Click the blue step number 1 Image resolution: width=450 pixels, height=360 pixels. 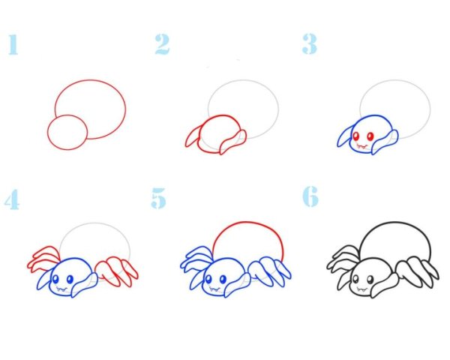pyautogui.click(x=13, y=44)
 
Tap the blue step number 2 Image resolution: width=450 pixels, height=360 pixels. pyautogui.click(x=162, y=44)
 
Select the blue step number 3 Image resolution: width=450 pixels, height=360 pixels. pyautogui.click(x=309, y=43)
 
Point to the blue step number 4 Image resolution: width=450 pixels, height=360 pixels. pyautogui.click(x=12, y=199)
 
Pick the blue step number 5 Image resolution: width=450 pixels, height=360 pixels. pyautogui.click(x=158, y=198)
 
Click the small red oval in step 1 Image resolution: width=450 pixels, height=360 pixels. pyautogui.click(x=67, y=132)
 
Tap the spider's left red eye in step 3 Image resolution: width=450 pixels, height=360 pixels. pyautogui.click(x=357, y=136)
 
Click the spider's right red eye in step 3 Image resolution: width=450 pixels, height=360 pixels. pyautogui.click(x=370, y=136)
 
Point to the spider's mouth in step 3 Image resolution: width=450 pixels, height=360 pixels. pyautogui.click(x=362, y=146)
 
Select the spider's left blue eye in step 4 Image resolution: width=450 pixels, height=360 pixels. pyautogui.click(x=55, y=279)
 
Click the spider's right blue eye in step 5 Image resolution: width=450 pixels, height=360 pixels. pyautogui.click(x=223, y=279)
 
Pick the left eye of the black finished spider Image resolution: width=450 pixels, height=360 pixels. pyautogui.click(x=356, y=279)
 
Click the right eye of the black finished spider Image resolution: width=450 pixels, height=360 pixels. pyautogui.click(x=370, y=279)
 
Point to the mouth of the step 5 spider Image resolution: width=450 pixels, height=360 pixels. pyautogui.click(x=214, y=289)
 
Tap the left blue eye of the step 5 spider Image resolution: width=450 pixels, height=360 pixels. pyautogui.click(x=208, y=279)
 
